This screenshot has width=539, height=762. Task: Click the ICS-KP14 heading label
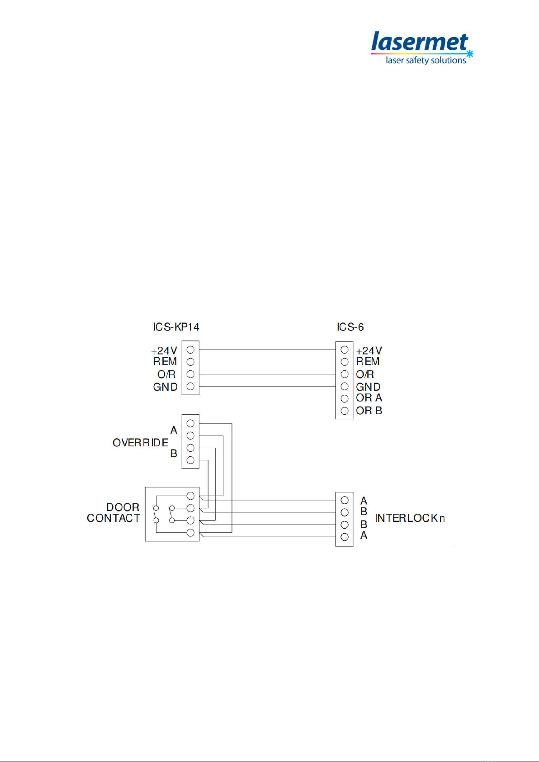(176, 327)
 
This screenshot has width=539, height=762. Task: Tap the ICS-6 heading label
(350, 327)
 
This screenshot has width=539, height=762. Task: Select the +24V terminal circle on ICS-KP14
(190, 350)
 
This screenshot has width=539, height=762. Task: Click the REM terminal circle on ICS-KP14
(190, 362)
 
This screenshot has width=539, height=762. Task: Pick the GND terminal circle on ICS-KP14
(190, 387)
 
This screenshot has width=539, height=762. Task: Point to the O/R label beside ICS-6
(365, 374)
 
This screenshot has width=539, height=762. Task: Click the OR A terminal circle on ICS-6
(345, 398)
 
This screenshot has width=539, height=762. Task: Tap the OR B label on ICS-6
(369, 411)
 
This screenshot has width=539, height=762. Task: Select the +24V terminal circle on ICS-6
(345, 350)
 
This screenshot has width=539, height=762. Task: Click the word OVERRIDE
(140, 443)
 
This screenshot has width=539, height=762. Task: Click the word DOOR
(123, 507)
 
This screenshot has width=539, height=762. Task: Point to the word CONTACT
(113, 518)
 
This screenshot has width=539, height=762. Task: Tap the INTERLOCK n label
(410, 518)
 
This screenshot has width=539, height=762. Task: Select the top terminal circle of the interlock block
(345, 500)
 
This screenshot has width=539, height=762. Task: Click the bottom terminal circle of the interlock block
(345, 537)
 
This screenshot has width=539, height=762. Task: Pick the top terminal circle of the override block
(190, 423)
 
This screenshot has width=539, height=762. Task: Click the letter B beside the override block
(174, 454)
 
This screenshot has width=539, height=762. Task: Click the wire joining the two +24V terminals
(267, 350)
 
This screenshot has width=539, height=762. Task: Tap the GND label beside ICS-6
(368, 387)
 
